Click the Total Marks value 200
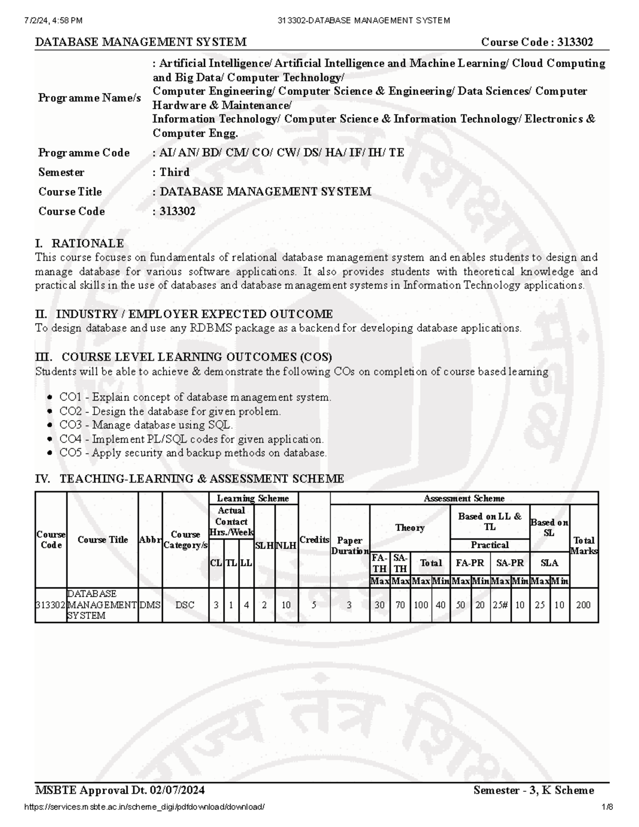click(584, 605)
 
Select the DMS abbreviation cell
click(150, 605)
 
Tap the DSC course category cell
click(185, 605)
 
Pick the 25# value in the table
click(500, 605)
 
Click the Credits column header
click(314, 539)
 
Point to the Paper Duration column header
click(350, 545)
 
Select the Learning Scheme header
click(253, 498)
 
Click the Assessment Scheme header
click(464, 498)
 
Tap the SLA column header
click(549, 563)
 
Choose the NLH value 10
click(286, 605)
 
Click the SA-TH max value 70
click(400, 605)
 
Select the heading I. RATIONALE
click(79, 243)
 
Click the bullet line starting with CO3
click(145, 425)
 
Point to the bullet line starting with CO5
click(192, 453)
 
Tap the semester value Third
click(175, 172)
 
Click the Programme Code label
click(84, 153)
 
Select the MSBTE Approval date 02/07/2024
click(176, 790)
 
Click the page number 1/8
click(608, 807)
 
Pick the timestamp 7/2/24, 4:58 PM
click(53, 20)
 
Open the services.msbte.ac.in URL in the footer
click(144, 807)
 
